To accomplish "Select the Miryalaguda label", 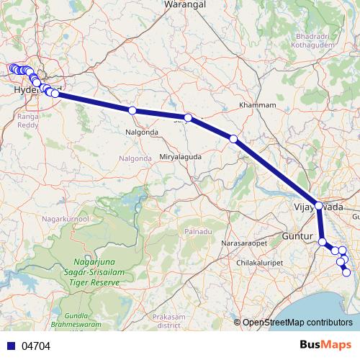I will [180, 156].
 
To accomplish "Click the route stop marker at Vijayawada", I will [318, 205].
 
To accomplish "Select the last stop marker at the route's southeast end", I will [347, 272].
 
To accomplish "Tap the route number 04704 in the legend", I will [36, 345].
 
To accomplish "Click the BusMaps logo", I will [322, 345].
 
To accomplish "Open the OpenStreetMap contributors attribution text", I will [297, 322].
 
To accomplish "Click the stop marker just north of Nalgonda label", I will [132, 110].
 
